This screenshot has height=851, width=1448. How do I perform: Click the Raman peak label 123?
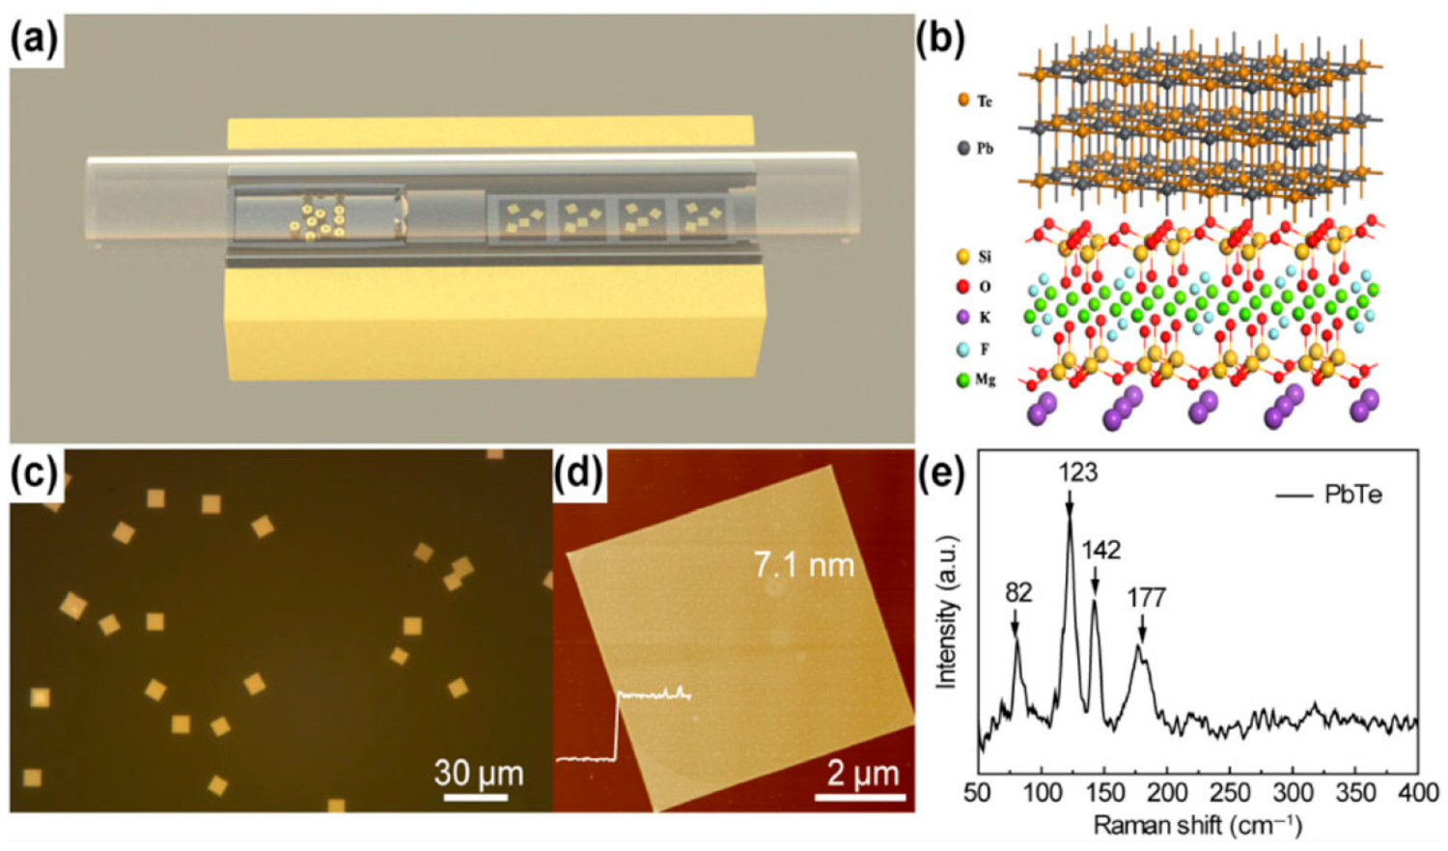1077,472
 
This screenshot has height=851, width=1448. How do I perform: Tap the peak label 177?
1146,598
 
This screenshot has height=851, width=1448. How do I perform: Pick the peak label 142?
1100,550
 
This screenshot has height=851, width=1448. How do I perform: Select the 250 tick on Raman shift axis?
1229,793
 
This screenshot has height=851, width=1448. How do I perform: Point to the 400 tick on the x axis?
1417,793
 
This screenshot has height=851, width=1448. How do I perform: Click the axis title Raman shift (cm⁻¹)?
1197,826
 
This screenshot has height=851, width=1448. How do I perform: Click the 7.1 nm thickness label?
803,564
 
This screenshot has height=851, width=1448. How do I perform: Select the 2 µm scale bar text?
861,773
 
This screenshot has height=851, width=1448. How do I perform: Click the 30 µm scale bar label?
478,773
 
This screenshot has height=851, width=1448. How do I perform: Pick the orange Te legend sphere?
963,99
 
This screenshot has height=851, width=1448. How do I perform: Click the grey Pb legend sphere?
963,149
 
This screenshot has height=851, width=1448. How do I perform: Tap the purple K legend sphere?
962,317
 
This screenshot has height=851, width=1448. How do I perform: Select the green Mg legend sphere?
962,380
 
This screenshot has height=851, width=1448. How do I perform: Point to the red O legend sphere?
962,287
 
